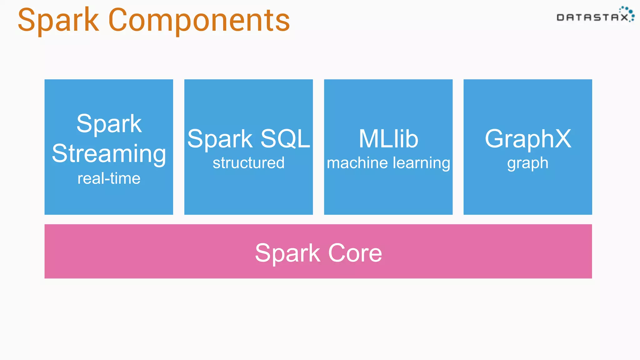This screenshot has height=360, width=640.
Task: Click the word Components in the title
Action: (199, 20)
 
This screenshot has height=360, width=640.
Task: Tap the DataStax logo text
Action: (592, 17)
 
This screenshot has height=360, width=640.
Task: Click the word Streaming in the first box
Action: (109, 154)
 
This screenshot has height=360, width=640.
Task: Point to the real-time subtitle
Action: (109, 178)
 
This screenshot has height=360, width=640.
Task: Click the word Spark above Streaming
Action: (109, 124)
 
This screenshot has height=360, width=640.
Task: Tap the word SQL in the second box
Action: (285, 139)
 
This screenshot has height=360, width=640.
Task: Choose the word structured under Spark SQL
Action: (248, 163)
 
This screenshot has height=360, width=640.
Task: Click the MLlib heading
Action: (388, 139)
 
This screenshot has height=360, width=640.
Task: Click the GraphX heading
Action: (528, 139)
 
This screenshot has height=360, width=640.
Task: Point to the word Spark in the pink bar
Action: (287, 253)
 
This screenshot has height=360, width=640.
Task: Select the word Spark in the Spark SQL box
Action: (220, 139)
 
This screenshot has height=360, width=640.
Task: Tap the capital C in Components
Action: (120, 20)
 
